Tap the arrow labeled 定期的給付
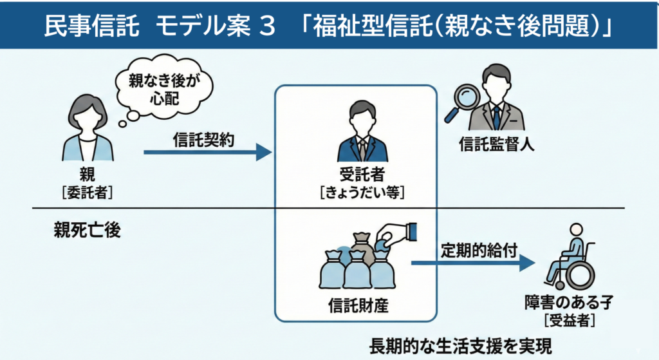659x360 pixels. point(473,263)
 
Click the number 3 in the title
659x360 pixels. point(266,26)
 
